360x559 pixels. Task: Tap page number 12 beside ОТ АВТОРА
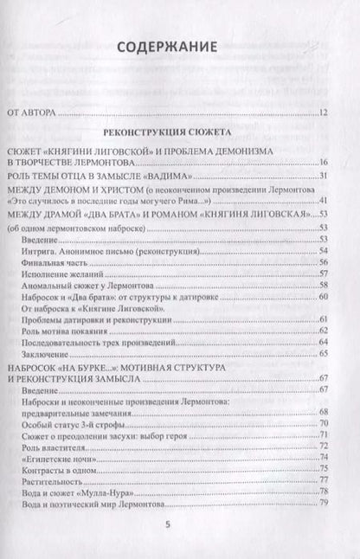pyautogui.click(x=323, y=113)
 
